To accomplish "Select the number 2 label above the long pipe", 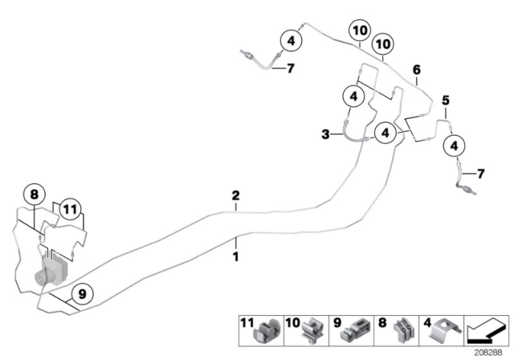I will tap(235, 195).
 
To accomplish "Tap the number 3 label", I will tap(325, 135).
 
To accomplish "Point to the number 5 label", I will tap(445, 100).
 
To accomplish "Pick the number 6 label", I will tap(416, 71).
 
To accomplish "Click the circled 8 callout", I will tap(33, 193).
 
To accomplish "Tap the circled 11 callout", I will tap(71, 211).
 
